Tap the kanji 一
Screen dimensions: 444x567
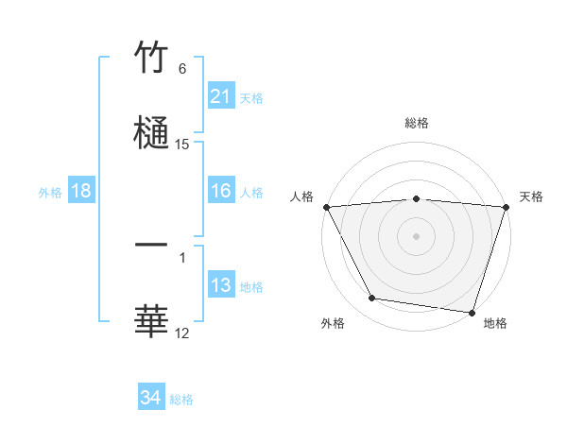pyautogui.click(x=152, y=245)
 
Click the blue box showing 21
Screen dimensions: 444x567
pyautogui.click(x=221, y=96)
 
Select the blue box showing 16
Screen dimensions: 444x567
pyautogui.click(x=221, y=191)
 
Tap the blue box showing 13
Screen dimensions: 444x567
pyautogui.click(x=221, y=285)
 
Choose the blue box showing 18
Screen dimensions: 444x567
pyautogui.click(x=81, y=191)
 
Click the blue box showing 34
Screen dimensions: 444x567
pyautogui.click(x=151, y=399)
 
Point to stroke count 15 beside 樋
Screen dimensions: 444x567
pyautogui.click(x=182, y=145)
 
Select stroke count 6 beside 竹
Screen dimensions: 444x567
pyautogui.click(x=182, y=69)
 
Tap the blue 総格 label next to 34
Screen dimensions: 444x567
pyautogui.click(x=181, y=400)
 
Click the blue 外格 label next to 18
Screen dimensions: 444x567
pyautogui.click(x=50, y=192)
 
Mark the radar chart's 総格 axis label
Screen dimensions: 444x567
pyautogui.click(x=417, y=123)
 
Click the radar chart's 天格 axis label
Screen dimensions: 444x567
pyautogui.click(x=532, y=196)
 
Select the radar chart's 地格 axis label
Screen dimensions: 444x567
pyautogui.click(x=495, y=323)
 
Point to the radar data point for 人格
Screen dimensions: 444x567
pyautogui.click(x=326, y=207)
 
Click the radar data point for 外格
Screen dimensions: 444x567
pyautogui.click(x=372, y=299)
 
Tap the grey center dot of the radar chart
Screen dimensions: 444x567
pyautogui.click(x=417, y=236)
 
